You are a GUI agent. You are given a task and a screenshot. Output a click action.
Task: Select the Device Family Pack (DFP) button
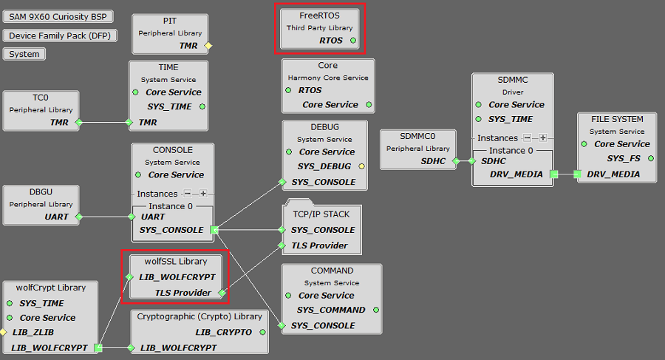(x=59, y=35)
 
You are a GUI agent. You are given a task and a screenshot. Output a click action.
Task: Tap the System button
(x=24, y=54)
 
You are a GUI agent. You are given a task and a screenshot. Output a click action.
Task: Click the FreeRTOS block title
(x=319, y=15)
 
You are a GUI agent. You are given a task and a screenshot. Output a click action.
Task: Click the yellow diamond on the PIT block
(x=208, y=46)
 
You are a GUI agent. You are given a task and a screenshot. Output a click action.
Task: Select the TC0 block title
(x=41, y=97)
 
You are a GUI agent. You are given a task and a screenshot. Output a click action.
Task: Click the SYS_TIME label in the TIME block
(x=169, y=106)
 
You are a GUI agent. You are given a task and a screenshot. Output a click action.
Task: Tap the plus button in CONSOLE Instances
(x=203, y=194)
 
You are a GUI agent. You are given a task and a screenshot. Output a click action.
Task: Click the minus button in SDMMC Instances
(x=528, y=137)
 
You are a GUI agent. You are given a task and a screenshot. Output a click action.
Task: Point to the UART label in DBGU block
(x=57, y=217)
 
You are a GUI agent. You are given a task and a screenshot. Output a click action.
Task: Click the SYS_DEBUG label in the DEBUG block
(x=324, y=166)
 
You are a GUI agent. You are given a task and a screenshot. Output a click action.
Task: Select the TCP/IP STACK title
(x=321, y=214)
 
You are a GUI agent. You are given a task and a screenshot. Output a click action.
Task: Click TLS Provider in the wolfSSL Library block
(x=183, y=293)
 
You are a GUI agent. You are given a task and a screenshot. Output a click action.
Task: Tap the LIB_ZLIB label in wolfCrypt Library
(x=33, y=332)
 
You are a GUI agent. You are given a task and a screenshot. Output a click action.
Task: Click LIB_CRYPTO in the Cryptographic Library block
(x=224, y=332)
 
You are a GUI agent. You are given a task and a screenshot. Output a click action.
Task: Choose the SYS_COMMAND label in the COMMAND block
(x=331, y=310)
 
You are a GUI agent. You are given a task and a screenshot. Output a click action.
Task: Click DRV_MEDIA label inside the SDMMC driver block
(x=516, y=174)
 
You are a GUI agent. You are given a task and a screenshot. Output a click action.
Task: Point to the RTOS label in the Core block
(x=310, y=90)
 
